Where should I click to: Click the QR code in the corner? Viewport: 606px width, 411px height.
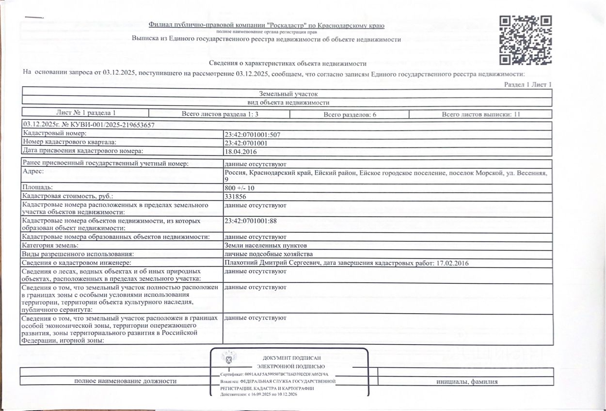pos(526,40)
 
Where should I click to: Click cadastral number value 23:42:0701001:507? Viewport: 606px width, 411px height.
pos(252,135)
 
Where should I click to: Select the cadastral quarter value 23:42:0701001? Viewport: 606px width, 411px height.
pos(246,143)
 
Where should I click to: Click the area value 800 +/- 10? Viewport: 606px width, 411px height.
pos(239,188)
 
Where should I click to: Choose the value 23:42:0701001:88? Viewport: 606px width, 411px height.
pos(250,221)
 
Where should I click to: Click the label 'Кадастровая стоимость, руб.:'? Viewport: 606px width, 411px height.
pos(68,197)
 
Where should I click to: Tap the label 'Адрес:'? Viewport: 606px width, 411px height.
pos(33,172)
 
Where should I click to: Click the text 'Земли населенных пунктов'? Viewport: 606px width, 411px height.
pos(266,245)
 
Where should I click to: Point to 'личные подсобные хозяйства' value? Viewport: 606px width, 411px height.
pos(268,254)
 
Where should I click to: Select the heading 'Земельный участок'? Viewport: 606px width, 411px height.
pos(288,94)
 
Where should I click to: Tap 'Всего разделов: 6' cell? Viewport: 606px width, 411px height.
pos(349,115)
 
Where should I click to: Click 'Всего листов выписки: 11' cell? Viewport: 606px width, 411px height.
pos(480,115)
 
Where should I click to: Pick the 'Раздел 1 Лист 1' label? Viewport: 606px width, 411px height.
pos(528,85)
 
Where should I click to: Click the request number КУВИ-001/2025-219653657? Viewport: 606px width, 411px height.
pos(107,125)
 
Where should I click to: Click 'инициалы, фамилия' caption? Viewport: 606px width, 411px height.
pos(467,381)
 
